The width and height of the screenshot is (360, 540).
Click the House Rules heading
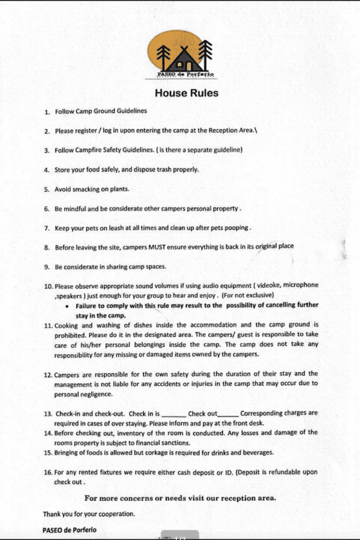point(187,93)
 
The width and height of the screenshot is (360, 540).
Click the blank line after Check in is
point(174,414)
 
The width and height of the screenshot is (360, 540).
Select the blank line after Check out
point(228,414)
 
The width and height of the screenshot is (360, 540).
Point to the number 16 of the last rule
point(48,472)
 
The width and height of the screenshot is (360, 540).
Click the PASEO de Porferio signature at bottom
point(69,530)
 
